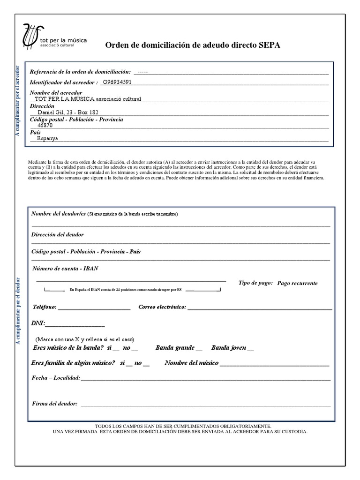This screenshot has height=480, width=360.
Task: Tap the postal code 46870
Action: click(x=45, y=126)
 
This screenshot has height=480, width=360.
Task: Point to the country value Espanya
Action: click(x=48, y=139)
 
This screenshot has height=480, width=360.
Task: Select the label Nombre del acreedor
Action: click(x=56, y=93)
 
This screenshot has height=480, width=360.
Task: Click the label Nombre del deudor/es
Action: click(x=59, y=214)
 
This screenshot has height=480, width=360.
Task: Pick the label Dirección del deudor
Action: click(x=58, y=234)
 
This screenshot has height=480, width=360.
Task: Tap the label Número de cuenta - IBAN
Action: click(x=66, y=269)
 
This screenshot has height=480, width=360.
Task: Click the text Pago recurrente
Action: click(x=297, y=283)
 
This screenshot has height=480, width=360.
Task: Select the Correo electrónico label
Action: click(x=162, y=307)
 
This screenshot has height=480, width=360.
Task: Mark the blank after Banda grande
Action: click(x=199, y=350)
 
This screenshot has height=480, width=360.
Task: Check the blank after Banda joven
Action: click(x=250, y=350)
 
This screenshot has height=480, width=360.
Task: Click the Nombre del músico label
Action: click(x=191, y=363)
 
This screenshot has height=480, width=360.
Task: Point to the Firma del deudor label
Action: click(x=54, y=403)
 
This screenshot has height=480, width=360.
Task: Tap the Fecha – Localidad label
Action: click(x=56, y=378)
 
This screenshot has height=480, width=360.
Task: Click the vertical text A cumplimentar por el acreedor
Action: click(x=18, y=101)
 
